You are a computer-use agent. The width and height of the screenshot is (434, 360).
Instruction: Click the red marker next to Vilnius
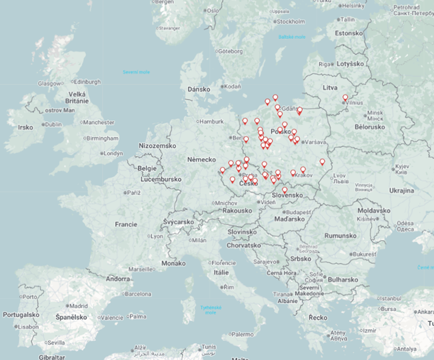345,98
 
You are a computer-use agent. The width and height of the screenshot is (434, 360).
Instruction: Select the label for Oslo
213,11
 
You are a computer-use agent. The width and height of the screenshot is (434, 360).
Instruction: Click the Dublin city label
53,124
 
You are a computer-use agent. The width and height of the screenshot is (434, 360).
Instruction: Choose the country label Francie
126,224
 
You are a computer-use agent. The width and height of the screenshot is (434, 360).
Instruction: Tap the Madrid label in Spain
78,306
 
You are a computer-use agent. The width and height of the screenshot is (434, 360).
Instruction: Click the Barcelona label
137,294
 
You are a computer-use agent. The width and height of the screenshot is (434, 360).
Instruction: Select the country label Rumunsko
341,236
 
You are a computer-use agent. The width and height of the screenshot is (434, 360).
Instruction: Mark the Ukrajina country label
402,190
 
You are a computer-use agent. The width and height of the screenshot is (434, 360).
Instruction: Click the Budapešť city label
299,212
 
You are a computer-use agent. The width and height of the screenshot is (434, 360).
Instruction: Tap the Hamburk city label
211,122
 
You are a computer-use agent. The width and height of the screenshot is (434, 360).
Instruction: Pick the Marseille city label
159,269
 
